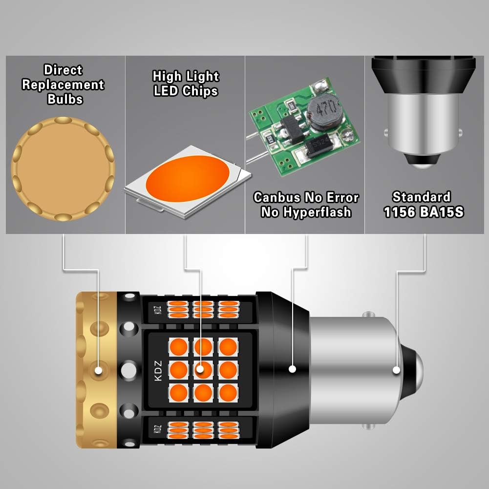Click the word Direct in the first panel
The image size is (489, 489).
click(63, 70)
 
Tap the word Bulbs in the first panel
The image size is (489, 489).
click(65, 99)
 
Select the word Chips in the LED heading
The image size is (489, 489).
click(200, 91)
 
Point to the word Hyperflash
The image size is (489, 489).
click(318, 212)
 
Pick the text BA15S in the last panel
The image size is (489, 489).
click(442, 212)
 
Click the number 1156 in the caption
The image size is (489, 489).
click(400, 212)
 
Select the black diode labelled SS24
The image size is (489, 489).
click(321, 145)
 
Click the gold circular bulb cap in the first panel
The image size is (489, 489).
click(63, 169)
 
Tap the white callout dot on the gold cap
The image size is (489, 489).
click(99, 370)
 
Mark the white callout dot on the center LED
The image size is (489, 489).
click(200, 369)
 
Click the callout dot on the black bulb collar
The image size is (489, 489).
click(292, 369)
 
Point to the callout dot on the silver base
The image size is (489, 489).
click(396, 370)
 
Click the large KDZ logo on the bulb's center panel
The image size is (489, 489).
click(158, 370)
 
